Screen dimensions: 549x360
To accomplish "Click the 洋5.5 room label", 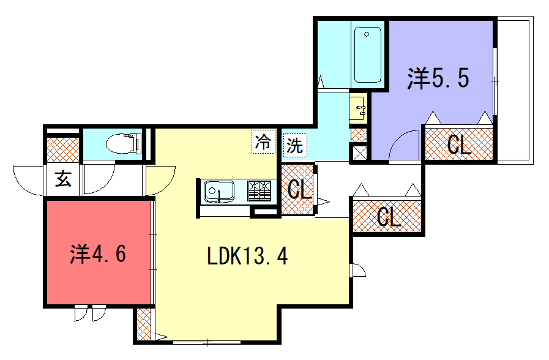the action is coord(438,78).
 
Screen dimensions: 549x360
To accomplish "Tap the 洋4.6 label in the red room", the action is coord(98,254).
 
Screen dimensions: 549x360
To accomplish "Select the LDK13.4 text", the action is coord(247,256).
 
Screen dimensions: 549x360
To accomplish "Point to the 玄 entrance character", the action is coord(63,179).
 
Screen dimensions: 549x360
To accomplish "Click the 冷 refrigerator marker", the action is coord(263,141).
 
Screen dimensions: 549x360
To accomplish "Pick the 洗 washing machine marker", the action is coord(294,145).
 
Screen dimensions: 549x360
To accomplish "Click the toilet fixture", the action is coord(124,144).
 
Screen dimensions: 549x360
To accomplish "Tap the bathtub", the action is coord(367,54).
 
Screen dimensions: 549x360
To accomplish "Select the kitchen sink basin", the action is coord(219,192).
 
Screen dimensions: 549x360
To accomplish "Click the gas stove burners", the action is coord(260,191).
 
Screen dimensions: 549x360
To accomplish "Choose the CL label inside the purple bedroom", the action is coord(459,144).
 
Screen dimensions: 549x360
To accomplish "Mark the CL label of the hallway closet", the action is coord(389,217).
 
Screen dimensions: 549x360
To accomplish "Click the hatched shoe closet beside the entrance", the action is coord(63,150).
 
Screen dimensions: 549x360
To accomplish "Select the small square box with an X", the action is coord(359,152).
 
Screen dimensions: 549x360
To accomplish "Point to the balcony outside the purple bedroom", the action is coord(515,90).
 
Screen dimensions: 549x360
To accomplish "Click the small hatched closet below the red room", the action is coord(144,324).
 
